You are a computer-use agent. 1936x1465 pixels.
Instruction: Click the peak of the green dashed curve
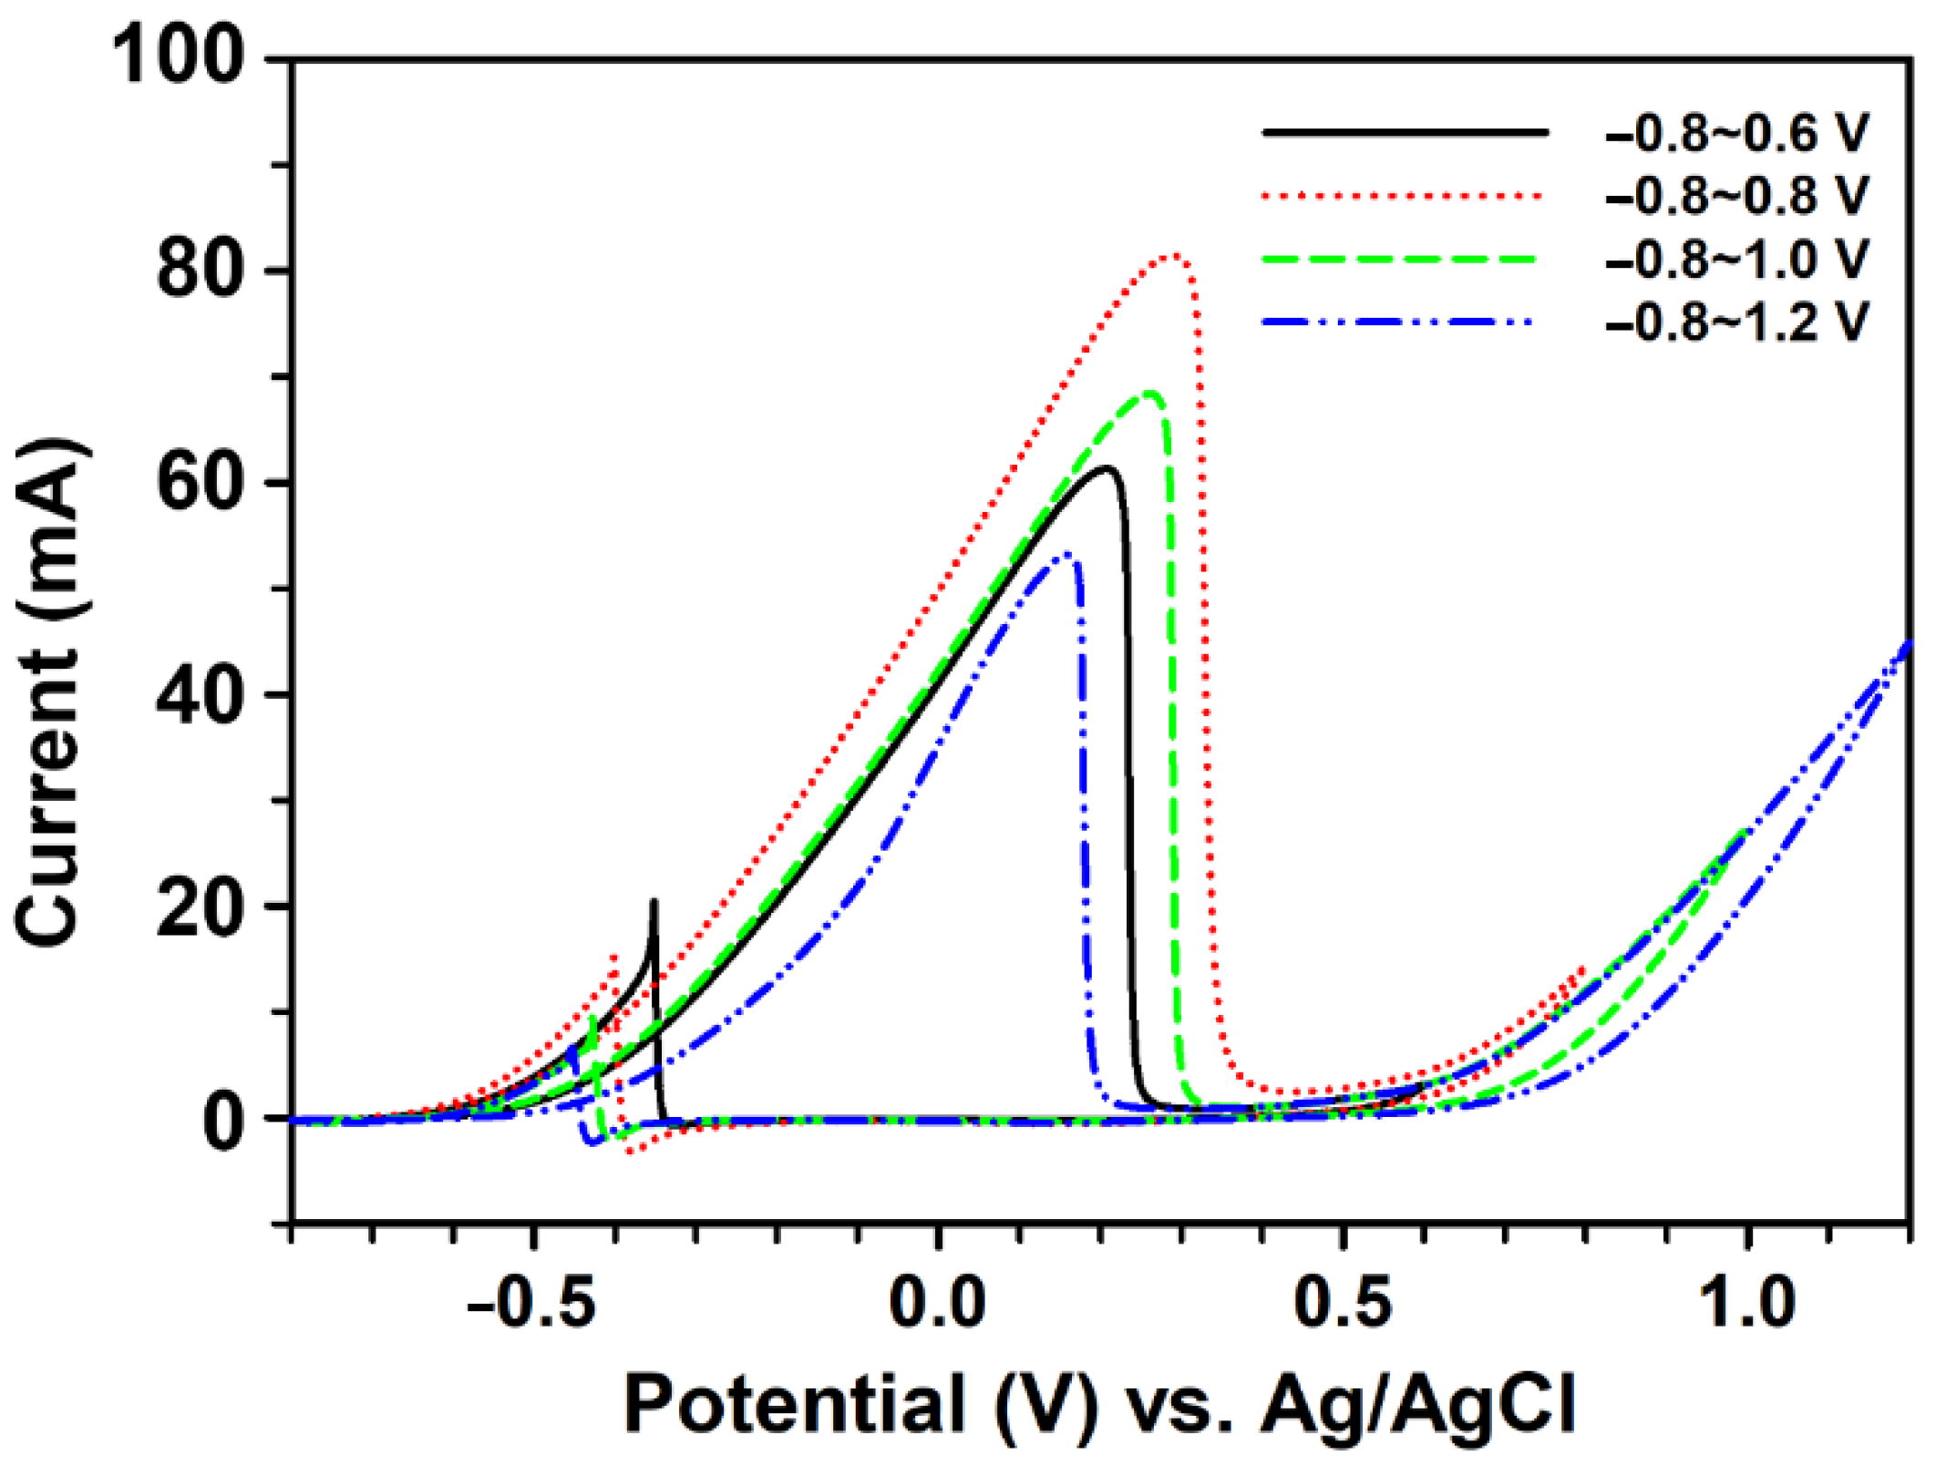pyautogui.click(x=1151, y=394)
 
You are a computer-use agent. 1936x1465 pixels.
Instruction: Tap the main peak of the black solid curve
pyautogui.click(x=1107, y=469)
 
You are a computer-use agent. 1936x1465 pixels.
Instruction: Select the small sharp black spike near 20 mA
pyautogui.click(x=654, y=902)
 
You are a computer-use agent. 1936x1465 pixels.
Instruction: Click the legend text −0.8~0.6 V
pyautogui.click(x=1736, y=133)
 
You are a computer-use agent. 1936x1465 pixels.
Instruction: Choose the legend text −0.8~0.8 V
pyautogui.click(x=1736, y=196)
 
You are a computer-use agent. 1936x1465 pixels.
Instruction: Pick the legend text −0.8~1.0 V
pyautogui.click(x=1736, y=259)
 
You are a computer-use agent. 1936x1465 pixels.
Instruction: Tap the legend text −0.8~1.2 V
pyautogui.click(x=1736, y=322)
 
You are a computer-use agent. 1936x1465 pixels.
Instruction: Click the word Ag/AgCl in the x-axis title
pyautogui.click(x=1417, y=1405)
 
